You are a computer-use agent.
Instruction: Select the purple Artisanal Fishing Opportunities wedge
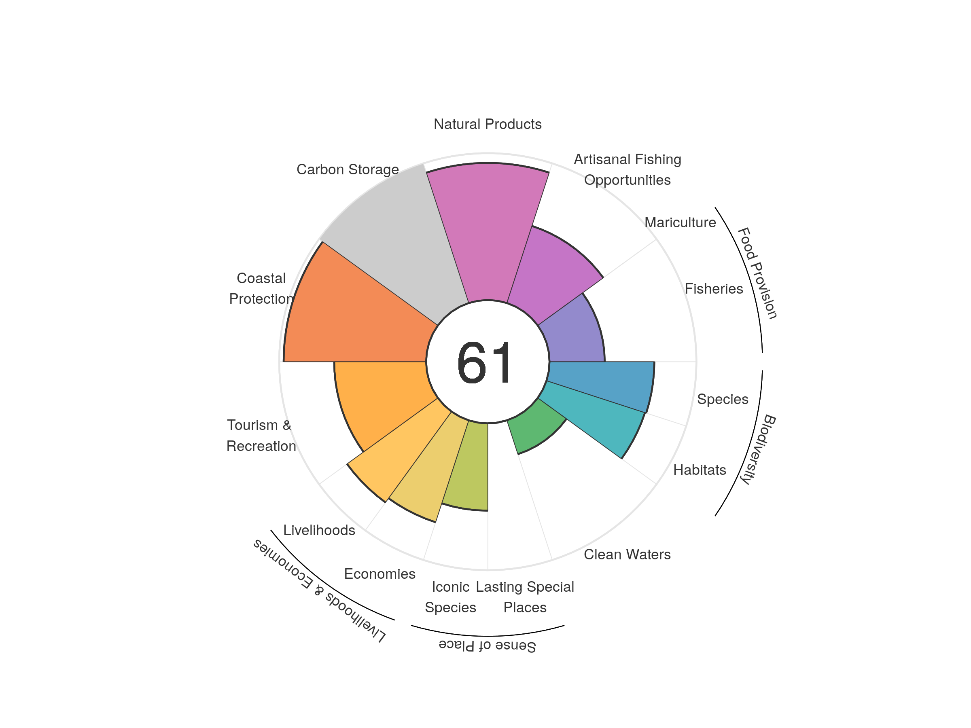549,272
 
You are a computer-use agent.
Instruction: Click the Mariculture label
680,222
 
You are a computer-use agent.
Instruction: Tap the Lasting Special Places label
525,597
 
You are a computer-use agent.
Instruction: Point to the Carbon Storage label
348,169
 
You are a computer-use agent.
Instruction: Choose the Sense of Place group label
487,645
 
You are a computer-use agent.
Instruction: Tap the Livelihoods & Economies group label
319,590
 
